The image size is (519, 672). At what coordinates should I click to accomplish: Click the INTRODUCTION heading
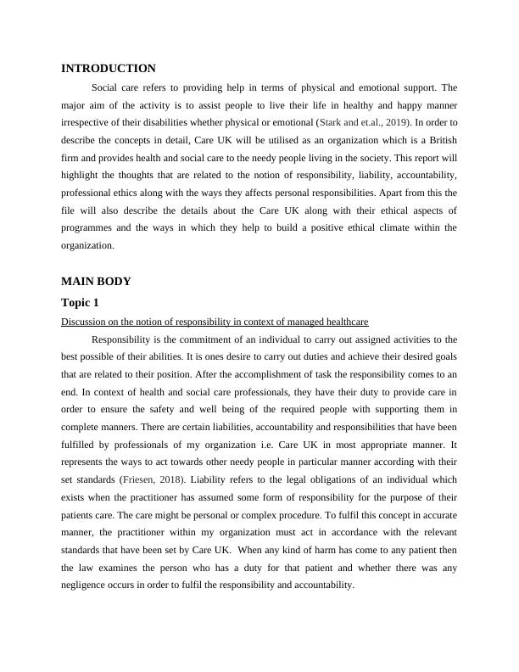click(x=109, y=69)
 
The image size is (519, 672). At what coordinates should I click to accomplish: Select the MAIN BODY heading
click(x=96, y=281)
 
